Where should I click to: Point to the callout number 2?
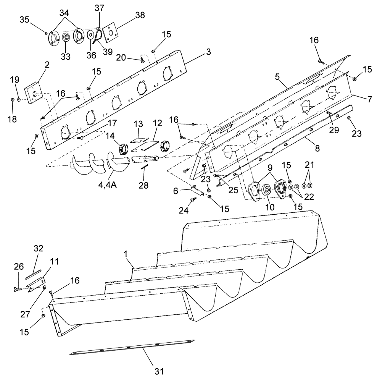pos(47,65)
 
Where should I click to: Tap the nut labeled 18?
pos(13,100)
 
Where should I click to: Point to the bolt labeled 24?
pos(192,200)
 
